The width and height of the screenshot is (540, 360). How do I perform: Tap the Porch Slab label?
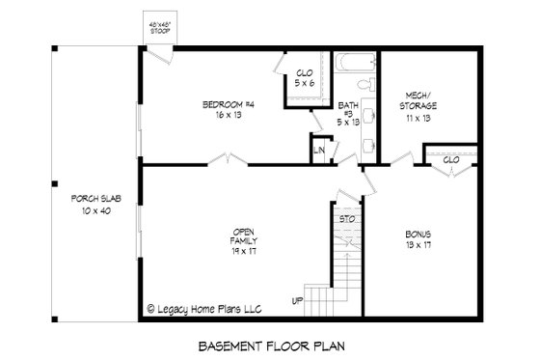(x=95, y=198)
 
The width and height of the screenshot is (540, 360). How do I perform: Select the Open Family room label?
(x=244, y=235)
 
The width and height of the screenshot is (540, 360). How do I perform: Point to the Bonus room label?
(x=418, y=234)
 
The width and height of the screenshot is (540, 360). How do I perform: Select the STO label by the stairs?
(x=347, y=220)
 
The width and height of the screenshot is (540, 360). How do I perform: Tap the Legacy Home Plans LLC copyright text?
(x=204, y=310)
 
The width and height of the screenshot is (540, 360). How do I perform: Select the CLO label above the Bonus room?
(x=450, y=160)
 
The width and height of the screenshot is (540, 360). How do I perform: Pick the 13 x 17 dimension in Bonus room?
(x=418, y=245)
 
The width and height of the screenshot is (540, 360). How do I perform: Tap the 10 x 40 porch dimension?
(x=95, y=209)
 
